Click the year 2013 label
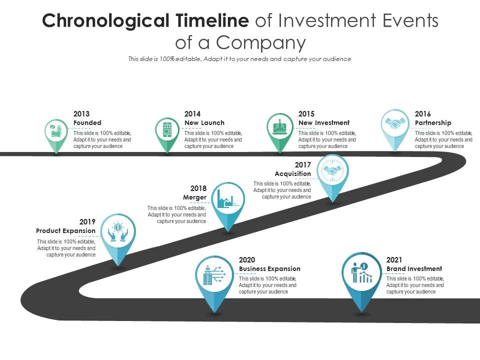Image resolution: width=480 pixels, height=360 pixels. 81,114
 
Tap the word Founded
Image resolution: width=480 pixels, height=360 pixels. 87,123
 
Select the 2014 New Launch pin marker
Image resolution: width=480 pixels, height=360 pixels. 166,130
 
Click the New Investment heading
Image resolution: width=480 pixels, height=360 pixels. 324,123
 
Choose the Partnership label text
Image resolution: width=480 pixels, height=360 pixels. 433,123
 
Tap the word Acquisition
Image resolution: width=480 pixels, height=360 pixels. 292,174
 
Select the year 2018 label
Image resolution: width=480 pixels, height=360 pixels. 198,188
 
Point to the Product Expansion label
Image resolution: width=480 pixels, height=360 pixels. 65,231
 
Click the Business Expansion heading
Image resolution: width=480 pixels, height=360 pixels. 269,269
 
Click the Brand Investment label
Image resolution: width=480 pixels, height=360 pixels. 414,269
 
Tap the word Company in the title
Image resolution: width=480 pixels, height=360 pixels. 260,43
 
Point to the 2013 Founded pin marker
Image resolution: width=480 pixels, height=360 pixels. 56,132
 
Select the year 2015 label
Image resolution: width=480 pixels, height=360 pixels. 306,114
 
